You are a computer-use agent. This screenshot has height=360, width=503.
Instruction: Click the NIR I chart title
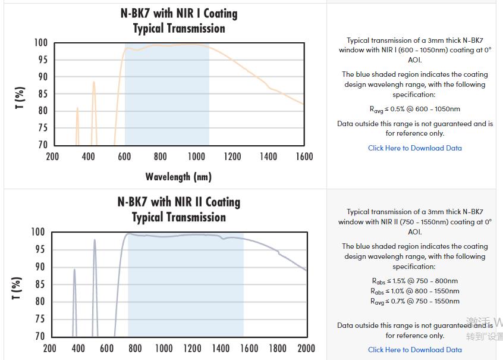coord(179,21)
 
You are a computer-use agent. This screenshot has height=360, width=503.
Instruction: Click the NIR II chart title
coord(179,209)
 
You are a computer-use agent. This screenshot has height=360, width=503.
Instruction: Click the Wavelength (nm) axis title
coord(178,177)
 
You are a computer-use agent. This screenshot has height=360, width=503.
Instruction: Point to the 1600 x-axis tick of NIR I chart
coord(304,156)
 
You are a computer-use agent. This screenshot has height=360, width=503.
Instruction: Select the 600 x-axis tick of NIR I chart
coord(124,156)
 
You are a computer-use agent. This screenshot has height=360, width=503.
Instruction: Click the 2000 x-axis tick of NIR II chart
coord(306,348)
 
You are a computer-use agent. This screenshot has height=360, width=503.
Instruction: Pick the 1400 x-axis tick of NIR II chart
coord(221,348)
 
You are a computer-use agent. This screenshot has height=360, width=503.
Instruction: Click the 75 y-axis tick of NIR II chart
coord(40,319)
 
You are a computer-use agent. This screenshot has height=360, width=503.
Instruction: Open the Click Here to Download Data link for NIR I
coord(414,148)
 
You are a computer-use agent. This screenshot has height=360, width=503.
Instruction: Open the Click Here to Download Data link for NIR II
coord(414,350)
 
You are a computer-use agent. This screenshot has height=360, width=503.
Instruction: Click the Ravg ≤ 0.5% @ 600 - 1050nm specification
coord(414,109)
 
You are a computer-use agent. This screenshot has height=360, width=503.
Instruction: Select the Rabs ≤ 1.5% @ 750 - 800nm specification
coord(414,281)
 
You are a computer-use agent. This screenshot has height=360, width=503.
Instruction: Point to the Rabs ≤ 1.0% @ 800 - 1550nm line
coord(414,291)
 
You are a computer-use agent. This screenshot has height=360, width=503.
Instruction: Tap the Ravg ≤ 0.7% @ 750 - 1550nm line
coord(414,301)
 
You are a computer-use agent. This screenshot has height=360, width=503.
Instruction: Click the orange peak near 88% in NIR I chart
coord(93,83)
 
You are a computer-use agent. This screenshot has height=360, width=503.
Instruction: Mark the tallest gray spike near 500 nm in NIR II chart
coord(95,240)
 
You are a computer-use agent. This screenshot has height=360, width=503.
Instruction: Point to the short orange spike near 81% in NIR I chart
coord(77,109)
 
